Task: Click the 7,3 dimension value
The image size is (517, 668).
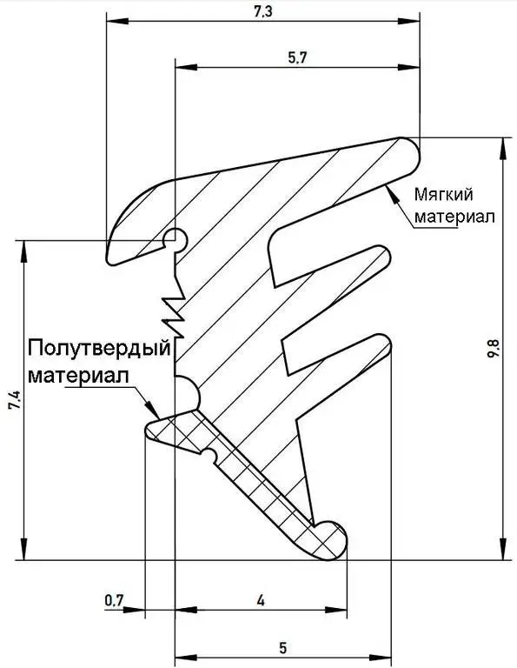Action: coord(263,11)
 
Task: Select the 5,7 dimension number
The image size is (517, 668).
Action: coord(297,57)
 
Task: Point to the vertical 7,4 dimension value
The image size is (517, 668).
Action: coord(16,400)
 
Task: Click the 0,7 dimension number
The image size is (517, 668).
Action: coord(114,601)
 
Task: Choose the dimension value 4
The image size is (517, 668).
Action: coord(261,601)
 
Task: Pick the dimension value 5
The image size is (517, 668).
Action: coord(283,648)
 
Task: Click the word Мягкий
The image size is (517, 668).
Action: coord(444,195)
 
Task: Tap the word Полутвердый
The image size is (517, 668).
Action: coord(99,350)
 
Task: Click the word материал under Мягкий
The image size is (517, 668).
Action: coord(455,217)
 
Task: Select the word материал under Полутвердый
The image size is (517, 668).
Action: coord(78,376)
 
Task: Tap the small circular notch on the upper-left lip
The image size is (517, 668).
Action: coord(176,238)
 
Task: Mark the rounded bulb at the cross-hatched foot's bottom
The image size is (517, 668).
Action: coord(330,540)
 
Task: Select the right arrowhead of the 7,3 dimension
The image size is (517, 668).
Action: coord(408,21)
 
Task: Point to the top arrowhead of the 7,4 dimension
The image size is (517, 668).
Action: coord(24,252)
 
